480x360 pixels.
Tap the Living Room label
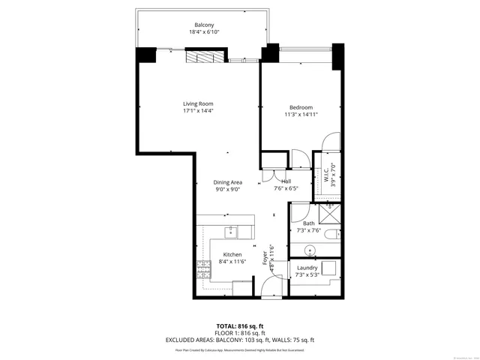click(199, 103)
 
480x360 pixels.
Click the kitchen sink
click(232, 232)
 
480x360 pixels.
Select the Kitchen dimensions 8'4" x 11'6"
click(232, 262)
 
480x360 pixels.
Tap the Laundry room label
click(307, 268)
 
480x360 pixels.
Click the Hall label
click(286, 181)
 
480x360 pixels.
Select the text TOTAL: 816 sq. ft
click(239, 326)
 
